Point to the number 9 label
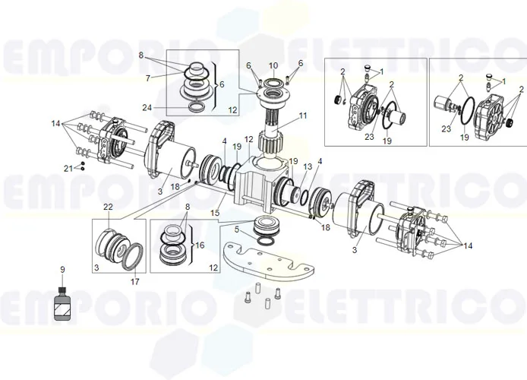point(63,269)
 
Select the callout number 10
point(273,65)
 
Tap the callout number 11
point(304,116)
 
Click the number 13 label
point(308,166)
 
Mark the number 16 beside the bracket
point(200,245)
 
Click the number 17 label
point(136,280)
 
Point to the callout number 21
point(68,167)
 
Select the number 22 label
point(108,207)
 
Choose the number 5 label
point(237,229)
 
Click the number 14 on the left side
point(55,122)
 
